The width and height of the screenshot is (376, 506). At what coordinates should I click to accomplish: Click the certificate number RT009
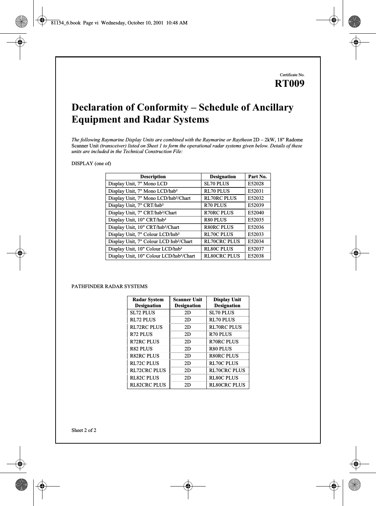click(x=289, y=84)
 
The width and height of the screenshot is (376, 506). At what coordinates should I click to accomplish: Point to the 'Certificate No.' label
click(x=292, y=75)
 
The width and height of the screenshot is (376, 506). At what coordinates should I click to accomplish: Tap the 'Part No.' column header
click(x=257, y=176)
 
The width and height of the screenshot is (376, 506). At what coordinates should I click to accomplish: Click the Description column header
click(x=153, y=176)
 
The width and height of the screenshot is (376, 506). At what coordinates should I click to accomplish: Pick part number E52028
click(x=256, y=184)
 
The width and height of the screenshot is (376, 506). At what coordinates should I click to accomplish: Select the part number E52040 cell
click(x=256, y=213)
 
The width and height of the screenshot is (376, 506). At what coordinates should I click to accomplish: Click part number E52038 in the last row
click(x=256, y=256)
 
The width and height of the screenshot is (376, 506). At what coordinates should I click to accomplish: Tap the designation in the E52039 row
click(x=215, y=205)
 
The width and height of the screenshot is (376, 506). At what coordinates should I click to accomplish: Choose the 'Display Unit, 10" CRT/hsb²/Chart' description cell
click(x=143, y=227)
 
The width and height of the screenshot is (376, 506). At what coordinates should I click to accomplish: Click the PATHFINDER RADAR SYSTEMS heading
click(x=109, y=286)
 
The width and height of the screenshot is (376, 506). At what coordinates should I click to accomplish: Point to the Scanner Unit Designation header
click(x=188, y=302)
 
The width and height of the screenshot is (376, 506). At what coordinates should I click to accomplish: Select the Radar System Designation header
click(x=148, y=302)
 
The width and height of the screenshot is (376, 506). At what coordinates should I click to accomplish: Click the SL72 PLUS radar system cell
click(x=142, y=313)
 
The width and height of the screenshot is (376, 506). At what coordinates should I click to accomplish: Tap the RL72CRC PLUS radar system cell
click(x=148, y=370)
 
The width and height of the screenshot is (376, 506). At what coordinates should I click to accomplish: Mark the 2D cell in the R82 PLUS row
click(x=188, y=349)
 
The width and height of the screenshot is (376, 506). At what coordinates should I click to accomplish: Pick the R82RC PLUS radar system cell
click(x=144, y=356)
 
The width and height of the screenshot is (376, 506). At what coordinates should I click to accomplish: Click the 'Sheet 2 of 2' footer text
click(x=84, y=431)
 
